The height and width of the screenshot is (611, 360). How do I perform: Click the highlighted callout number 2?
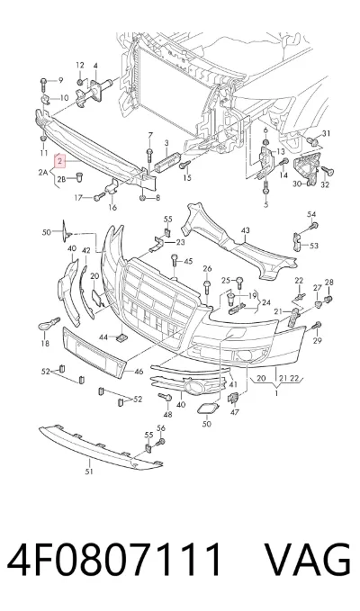coord(59,160)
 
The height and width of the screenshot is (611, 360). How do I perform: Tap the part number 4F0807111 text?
coord(114,559)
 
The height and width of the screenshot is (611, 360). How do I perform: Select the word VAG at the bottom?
coord(308,559)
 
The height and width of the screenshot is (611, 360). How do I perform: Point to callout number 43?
coord(245,230)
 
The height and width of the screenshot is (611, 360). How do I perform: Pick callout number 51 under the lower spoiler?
coord(90,472)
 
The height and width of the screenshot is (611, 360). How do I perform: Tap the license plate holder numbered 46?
coord(94,354)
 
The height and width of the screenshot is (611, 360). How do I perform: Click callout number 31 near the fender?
coord(326,134)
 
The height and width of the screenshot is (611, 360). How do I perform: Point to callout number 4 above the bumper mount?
coord(95,66)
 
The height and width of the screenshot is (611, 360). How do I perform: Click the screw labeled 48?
coord(166,397)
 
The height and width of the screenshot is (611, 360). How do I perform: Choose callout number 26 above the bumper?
coord(207,268)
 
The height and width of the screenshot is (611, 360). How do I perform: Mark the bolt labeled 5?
coord(265,189)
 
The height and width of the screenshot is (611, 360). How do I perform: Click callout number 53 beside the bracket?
coord(313,246)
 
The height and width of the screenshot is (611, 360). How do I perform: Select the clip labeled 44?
coord(121,337)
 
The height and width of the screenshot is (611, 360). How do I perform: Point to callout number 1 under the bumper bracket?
coord(276,393)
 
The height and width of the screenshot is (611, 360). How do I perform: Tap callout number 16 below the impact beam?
coord(112,208)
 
